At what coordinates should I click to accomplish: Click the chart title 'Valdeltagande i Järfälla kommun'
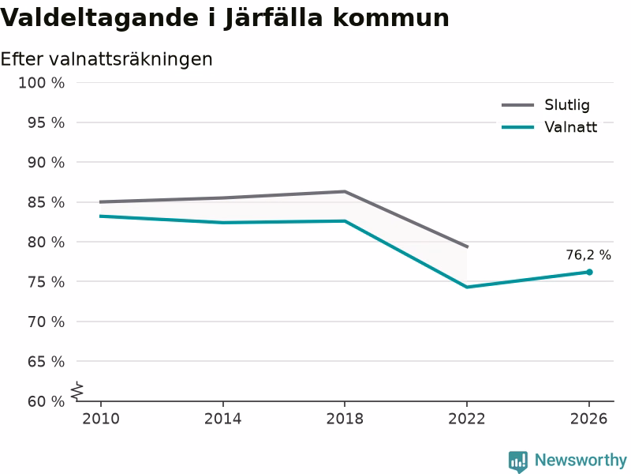coord(225,18)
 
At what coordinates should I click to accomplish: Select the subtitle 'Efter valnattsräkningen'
coord(106,60)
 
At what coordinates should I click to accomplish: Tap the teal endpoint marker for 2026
coord(589,272)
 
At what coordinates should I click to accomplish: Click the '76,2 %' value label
coord(588,254)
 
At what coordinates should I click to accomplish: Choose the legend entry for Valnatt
coord(549,127)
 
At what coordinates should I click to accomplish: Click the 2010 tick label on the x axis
coord(101,419)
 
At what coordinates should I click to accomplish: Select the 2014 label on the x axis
coord(222,419)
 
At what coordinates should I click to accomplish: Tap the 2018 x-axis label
coord(345,419)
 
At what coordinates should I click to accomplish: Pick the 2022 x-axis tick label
coord(467,419)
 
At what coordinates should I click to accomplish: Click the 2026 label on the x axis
coord(588,419)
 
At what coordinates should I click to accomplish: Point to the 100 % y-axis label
coord(42,83)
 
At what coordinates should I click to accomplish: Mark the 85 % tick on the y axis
coord(46,202)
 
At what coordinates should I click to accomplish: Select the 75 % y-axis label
coord(46,282)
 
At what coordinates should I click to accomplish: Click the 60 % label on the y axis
coord(46,401)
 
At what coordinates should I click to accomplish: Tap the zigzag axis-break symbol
coord(77,391)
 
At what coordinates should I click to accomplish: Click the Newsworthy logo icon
coord(518,461)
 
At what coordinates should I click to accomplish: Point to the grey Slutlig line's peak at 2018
coord(345,191)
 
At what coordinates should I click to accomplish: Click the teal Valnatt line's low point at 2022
coord(467,287)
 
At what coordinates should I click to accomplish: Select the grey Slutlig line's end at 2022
coord(467,246)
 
